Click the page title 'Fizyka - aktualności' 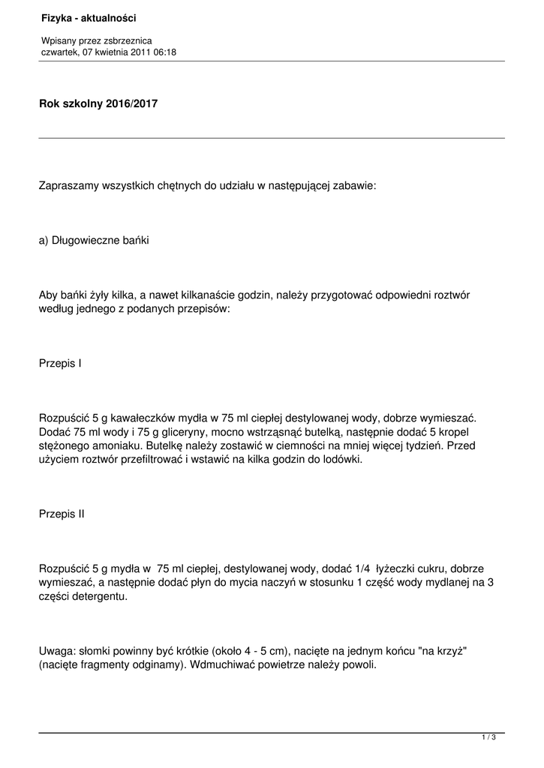89,17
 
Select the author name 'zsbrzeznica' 128,40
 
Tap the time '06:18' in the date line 164,52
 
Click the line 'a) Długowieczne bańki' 95,241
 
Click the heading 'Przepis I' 60,363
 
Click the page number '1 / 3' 489,738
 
